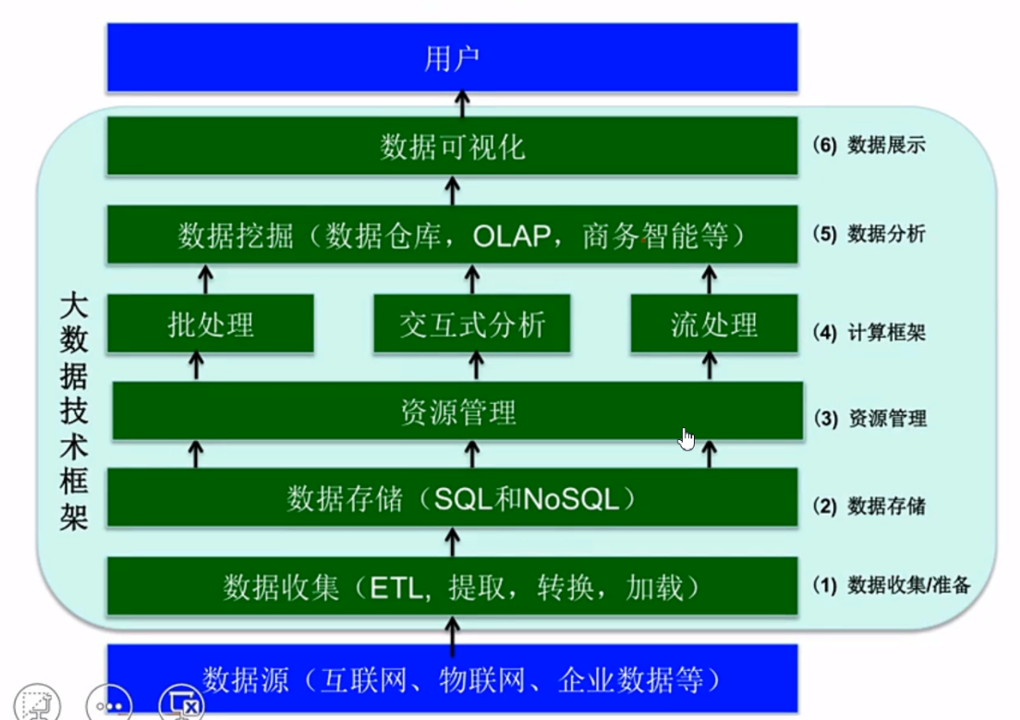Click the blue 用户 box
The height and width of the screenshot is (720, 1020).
click(452, 58)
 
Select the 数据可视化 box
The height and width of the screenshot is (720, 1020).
click(452, 146)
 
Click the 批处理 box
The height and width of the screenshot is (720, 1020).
click(211, 324)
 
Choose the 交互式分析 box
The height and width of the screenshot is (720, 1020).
click(472, 324)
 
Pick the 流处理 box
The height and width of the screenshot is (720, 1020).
click(713, 324)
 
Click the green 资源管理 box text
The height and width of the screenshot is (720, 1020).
click(457, 412)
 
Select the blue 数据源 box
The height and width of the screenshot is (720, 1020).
click(452, 681)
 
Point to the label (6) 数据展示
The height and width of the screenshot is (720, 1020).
click(868, 145)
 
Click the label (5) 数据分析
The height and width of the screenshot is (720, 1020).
click(868, 235)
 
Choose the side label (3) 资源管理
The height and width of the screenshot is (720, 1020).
click(869, 419)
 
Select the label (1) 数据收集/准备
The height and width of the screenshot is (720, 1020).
click(891, 585)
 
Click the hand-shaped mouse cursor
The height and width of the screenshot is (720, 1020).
click(686, 439)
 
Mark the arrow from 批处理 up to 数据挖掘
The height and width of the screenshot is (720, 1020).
click(206, 277)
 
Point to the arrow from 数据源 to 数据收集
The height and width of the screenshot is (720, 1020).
click(452, 633)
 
